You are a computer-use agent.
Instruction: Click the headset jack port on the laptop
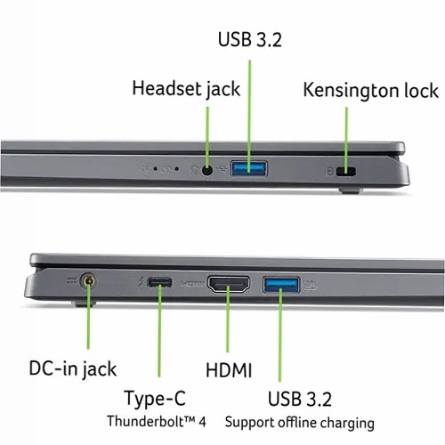(x=207, y=170)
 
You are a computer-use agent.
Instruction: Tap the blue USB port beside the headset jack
(x=248, y=168)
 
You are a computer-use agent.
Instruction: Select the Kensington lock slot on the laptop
(x=345, y=172)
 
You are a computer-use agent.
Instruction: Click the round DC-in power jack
(x=88, y=280)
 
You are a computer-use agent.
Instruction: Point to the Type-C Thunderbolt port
(x=160, y=282)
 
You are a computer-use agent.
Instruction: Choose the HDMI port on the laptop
(x=229, y=284)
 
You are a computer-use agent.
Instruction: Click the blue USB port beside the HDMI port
(x=281, y=285)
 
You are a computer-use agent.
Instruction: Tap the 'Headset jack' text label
(x=186, y=89)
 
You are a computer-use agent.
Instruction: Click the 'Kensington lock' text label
(x=370, y=90)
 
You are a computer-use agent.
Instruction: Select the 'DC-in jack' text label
(x=73, y=369)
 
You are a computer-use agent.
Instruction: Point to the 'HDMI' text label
(x=229, y=370)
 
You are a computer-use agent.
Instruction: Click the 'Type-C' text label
(x=155, y=399)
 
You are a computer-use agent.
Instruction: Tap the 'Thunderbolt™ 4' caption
(x=157, y=421)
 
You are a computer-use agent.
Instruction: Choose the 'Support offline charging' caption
(x=300, y=423)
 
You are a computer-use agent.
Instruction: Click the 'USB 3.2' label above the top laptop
(x=250, y=39)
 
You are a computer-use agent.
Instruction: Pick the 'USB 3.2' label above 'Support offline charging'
(x=300, y=399)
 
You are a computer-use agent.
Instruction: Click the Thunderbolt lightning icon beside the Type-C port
(x=142, y=283)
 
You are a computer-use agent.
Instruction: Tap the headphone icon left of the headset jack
(x=194, y=170)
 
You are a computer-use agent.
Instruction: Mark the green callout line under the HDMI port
(x=228, y=319)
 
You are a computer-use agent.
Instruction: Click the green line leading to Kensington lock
(x=346, y=139)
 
